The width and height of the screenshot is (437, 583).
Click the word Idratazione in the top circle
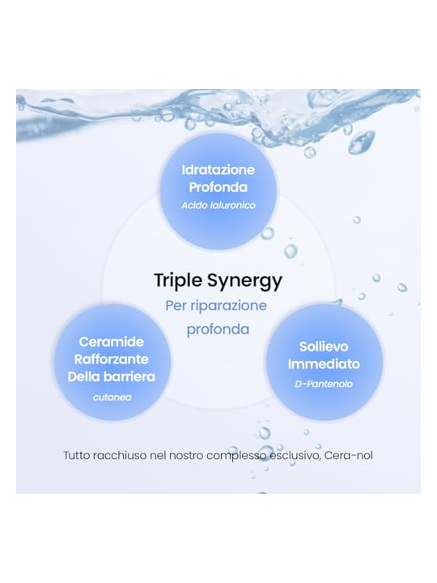(218, 170)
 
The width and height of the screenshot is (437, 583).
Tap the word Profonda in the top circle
(218, 187)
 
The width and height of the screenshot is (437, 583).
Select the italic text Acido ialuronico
(218, 205)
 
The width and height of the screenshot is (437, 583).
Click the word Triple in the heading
(178, 281)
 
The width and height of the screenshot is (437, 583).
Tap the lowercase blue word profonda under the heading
(218, 330)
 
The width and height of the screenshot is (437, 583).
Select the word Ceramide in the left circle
(111, 342)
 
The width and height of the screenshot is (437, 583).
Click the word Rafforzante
(112, 360)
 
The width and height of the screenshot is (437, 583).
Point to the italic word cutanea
(112, 398)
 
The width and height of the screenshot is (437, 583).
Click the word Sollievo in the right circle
(324, 347)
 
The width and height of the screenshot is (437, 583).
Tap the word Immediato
(324, 364)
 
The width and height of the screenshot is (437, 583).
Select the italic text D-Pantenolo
(324, 384)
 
